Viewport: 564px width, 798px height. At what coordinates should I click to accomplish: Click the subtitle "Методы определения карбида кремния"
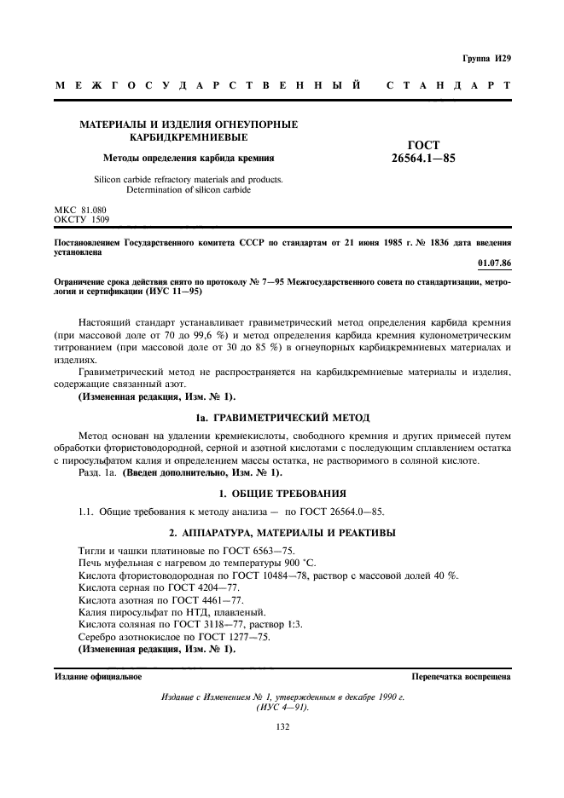coord(189,158)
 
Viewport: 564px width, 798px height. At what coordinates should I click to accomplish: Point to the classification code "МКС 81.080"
coord(83,209)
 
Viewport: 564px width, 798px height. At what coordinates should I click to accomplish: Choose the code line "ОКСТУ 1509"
coord(83,219)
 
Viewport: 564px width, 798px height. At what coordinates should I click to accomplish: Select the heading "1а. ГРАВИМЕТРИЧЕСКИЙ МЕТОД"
coord(282,418)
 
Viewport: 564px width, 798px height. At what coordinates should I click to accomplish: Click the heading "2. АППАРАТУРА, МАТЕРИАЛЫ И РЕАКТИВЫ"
coord(282,533)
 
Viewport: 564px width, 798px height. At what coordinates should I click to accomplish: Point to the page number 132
coord(282,726)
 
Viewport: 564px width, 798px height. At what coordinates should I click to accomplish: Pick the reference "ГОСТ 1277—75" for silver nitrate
coord(230,636)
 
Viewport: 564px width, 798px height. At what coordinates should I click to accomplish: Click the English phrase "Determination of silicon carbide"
coord(189,190)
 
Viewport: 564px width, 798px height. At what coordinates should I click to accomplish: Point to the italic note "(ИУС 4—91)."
coord(282,707)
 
